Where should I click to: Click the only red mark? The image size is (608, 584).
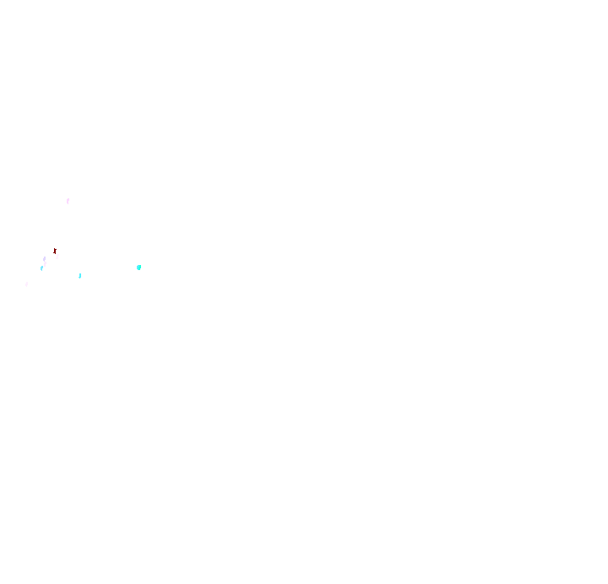[55, 250]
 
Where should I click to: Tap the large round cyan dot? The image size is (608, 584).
[138, 268]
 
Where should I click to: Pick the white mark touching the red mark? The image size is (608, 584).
[57, 256]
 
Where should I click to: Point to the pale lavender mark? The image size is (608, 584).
[44, 259]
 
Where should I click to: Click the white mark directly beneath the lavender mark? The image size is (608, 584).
[44, 264]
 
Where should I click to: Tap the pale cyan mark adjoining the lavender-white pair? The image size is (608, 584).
[41, 268]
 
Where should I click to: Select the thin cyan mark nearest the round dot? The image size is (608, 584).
[79, 276]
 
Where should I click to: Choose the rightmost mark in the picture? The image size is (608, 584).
[138, 268]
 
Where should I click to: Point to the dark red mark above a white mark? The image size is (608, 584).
[55, 250]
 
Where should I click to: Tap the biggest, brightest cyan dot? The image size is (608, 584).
[138, 268]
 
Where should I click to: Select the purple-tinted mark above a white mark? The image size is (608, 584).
[44, 259]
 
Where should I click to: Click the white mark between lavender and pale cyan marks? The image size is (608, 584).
[44, 264]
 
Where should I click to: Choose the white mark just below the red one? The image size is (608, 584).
[57, 256]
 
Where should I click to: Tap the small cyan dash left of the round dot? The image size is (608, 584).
[79, 276]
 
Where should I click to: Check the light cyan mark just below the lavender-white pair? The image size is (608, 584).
[41, 268]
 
